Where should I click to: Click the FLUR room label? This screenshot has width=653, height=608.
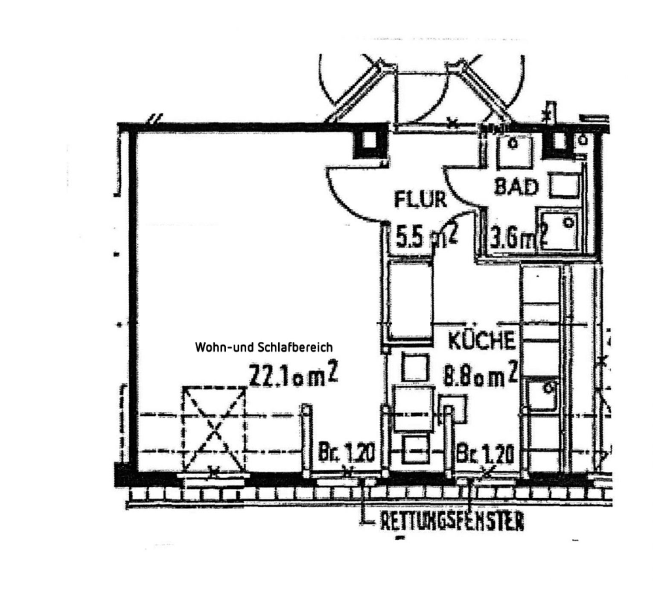point(420,200)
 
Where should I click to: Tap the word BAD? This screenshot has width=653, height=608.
point(516,187)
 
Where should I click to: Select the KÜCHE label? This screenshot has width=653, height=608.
point(482,341)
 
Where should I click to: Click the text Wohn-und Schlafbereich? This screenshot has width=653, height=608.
point(263,347)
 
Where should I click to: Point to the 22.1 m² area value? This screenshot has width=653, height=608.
point(294,375)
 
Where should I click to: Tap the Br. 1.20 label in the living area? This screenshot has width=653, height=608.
point(346,454)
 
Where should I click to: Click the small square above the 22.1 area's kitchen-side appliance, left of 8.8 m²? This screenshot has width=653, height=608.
point(415,367)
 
